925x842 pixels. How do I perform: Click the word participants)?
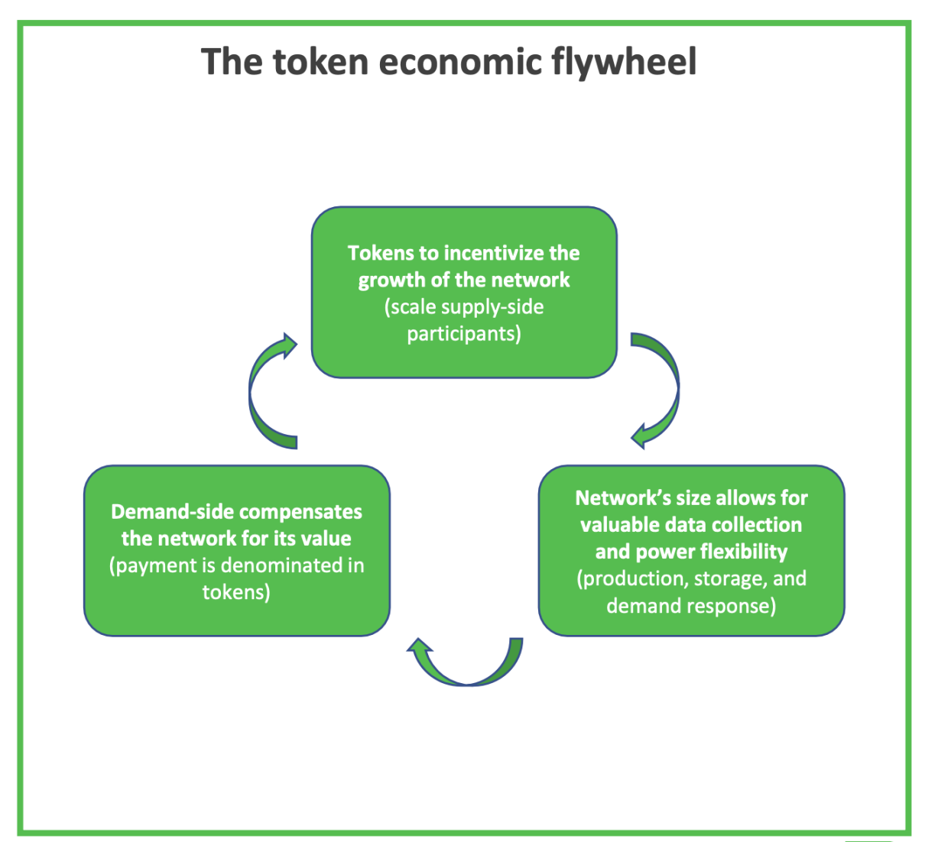pyautogui.click(x=464, y=334)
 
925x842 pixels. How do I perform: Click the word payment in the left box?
pyautogui.click(x=157, y=565)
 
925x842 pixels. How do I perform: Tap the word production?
pyautogui.click(x=634, y=578)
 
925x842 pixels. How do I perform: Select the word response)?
pyautogui.click(x=733, y=606)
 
